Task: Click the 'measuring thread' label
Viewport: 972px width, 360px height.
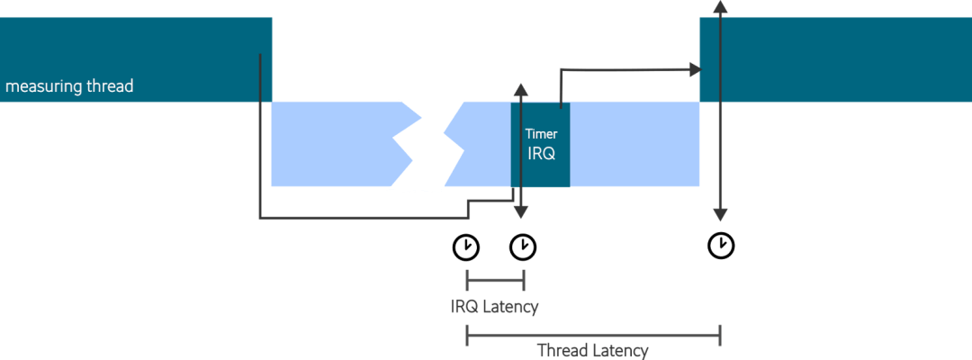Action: [x=69, y=87]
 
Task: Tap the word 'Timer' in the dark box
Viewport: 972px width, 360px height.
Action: [x=541, y=134]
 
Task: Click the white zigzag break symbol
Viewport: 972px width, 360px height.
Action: [x=425, y=144]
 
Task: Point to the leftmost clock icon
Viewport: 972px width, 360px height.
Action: [x=466, y=246]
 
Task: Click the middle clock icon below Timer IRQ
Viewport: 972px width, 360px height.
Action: [x=523, y=246]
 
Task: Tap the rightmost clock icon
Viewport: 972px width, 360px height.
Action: [x=720, y=245]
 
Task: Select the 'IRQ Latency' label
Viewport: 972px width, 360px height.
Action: [x=494, y=306]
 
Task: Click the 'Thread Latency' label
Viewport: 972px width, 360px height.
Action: [x=592, y=350]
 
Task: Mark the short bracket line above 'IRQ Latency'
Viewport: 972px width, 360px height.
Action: [x=494, y=281]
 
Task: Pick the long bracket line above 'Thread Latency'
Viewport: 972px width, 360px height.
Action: [x=592, y=335]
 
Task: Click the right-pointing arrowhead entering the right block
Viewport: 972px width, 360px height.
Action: [x=694, y=68]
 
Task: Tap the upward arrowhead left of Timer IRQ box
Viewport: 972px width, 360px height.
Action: [x=520, y=88]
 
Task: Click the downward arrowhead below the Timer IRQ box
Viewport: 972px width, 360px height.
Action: [x=520, y=211]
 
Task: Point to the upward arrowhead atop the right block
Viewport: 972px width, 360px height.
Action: [x=719, y=6]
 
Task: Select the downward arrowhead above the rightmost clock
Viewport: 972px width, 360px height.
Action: [x=719, y=214]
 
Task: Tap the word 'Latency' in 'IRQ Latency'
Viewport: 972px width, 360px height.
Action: [x=510, y=306]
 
